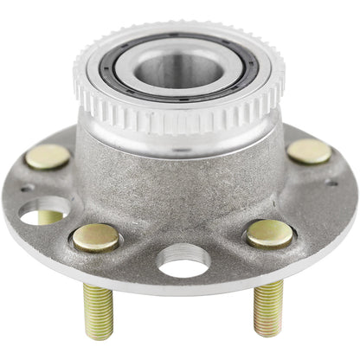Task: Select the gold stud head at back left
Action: click(x=48, y=156)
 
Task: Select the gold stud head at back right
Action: click(x=309, y=151)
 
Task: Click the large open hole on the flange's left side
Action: click(x=44, y=210)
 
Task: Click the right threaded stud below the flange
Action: click(x=267, y=307)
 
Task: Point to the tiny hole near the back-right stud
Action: click(x=331, y=183)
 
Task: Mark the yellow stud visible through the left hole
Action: click(x=51, y=217)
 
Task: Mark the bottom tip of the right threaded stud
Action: click(x=267, y=332)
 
